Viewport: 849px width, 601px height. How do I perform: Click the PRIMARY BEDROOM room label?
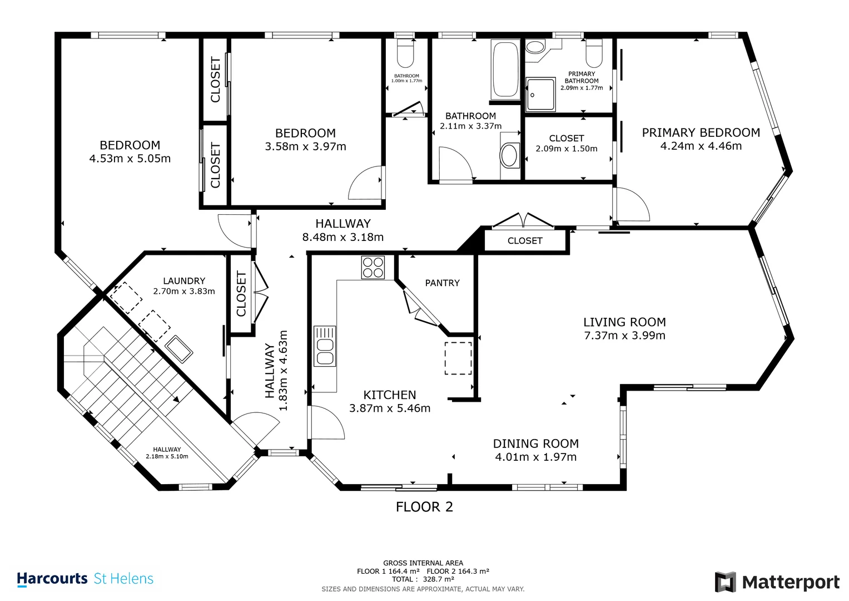701,132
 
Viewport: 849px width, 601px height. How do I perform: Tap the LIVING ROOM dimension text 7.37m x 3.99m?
624,336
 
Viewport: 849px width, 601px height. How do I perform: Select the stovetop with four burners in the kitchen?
373,268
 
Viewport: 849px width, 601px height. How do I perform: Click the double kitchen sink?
325,346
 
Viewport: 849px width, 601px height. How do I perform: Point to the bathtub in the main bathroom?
505,70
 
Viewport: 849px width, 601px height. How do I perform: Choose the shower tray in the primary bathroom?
540,95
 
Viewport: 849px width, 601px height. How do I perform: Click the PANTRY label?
443,283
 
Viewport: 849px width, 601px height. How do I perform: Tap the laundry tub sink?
179,349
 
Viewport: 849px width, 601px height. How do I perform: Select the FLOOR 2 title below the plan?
425,507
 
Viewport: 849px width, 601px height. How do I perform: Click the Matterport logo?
777,582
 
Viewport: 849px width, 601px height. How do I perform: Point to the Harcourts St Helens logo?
85,579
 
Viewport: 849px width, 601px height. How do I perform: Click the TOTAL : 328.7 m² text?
423,579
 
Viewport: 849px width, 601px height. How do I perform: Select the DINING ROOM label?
536,444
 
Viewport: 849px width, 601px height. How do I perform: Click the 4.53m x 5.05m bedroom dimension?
130,159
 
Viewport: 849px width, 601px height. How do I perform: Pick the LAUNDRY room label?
184,281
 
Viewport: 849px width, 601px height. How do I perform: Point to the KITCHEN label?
390,395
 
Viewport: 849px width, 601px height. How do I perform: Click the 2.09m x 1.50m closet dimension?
567,149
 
